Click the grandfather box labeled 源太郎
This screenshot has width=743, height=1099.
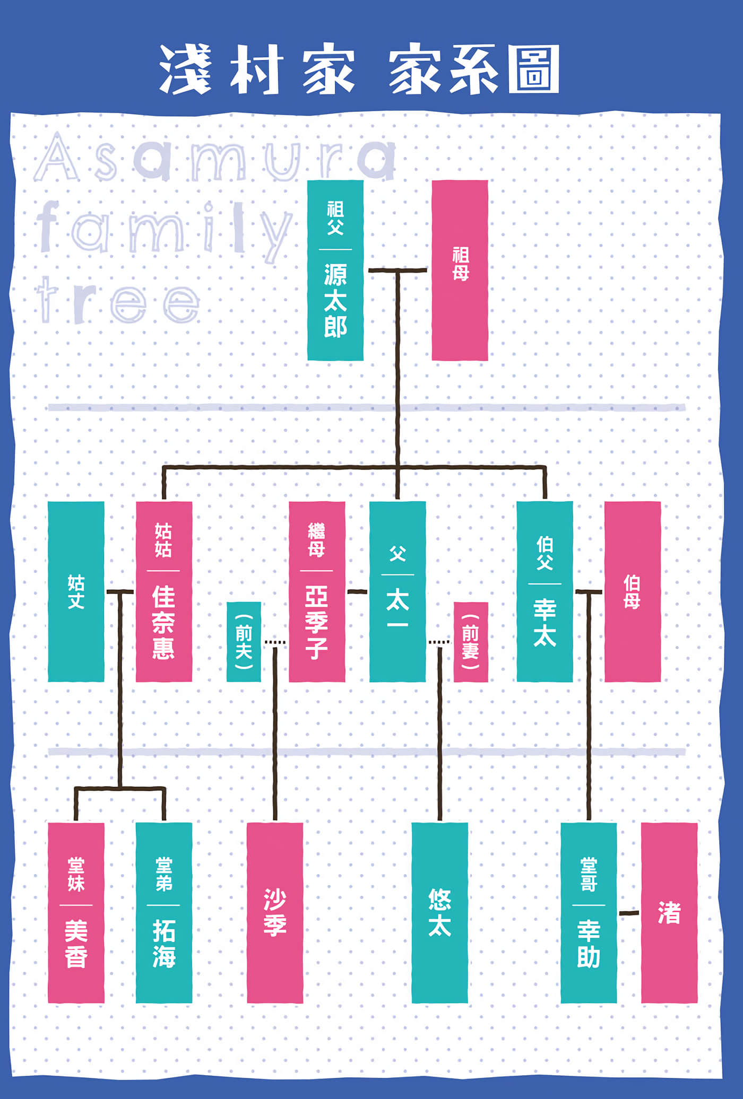tap(335, 270)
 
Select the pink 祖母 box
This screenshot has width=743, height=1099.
tap(460, 270)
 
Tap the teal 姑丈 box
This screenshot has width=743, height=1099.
tap(76, 591)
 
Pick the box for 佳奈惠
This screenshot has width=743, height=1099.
tap(164, 591)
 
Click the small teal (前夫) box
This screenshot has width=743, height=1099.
tap(244, 642)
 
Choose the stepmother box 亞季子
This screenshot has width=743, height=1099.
tap(317, 591)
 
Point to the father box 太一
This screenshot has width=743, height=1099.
tap(398, 591)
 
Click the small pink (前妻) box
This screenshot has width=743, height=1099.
tap(471, 642)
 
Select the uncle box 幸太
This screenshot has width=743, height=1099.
tap(545, 591)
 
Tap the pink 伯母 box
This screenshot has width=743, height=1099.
tap(633, 591)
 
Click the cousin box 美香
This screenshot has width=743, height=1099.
tap(76, 913)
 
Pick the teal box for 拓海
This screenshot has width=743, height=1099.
tap(164, 913)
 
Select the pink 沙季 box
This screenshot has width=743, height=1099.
tap(275, 913)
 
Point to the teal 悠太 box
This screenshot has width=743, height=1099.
tap(440, 913)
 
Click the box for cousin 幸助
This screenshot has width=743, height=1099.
tap(589, 913)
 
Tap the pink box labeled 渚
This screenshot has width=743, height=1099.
tap(669, 913)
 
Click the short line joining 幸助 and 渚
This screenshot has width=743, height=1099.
tap(629, 913)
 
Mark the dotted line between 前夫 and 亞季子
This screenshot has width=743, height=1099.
tap(275, 642)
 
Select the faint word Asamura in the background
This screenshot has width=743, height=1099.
tap(215, 158)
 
